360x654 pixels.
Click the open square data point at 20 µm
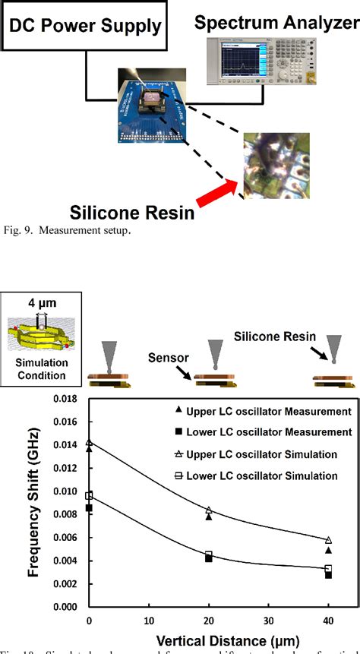coord(209,554)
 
